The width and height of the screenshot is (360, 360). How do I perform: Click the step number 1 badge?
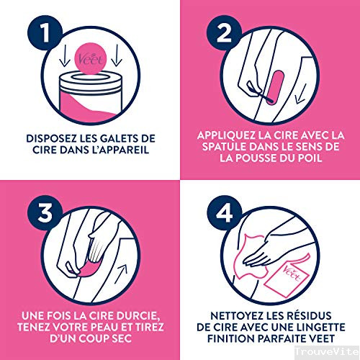point(45,32)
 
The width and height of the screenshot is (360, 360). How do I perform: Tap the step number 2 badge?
point(224,32)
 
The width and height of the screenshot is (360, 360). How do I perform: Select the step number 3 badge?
point(45,212)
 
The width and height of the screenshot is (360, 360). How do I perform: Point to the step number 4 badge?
point(224,212)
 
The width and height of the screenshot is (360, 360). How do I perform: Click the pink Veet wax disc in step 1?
point(90,58)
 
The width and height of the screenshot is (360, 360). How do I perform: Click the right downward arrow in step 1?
point(117,55)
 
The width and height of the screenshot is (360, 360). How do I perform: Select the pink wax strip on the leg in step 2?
point(275,87)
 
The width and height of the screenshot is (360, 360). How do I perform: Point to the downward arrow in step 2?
point(301,94)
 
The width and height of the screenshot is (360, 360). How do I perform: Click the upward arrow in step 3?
point(121,274)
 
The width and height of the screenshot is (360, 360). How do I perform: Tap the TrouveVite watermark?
point(327,351)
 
